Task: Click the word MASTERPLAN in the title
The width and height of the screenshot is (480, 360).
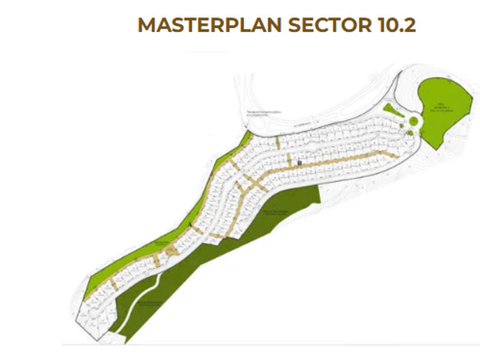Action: pyautogui.click(x=210, y=26)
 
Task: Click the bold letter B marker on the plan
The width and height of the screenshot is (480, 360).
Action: pyautogui.click(x=299, y=162)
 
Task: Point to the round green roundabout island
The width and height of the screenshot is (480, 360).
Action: pyautogui.click(x=412, y=121)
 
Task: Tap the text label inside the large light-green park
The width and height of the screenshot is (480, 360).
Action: pyautogui.click(x=443, y=108)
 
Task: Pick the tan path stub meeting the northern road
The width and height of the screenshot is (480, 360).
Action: pyautogui.click(x=277, y=141)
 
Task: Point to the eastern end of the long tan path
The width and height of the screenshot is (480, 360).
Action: pyautogui.click(x=395, y=154)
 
